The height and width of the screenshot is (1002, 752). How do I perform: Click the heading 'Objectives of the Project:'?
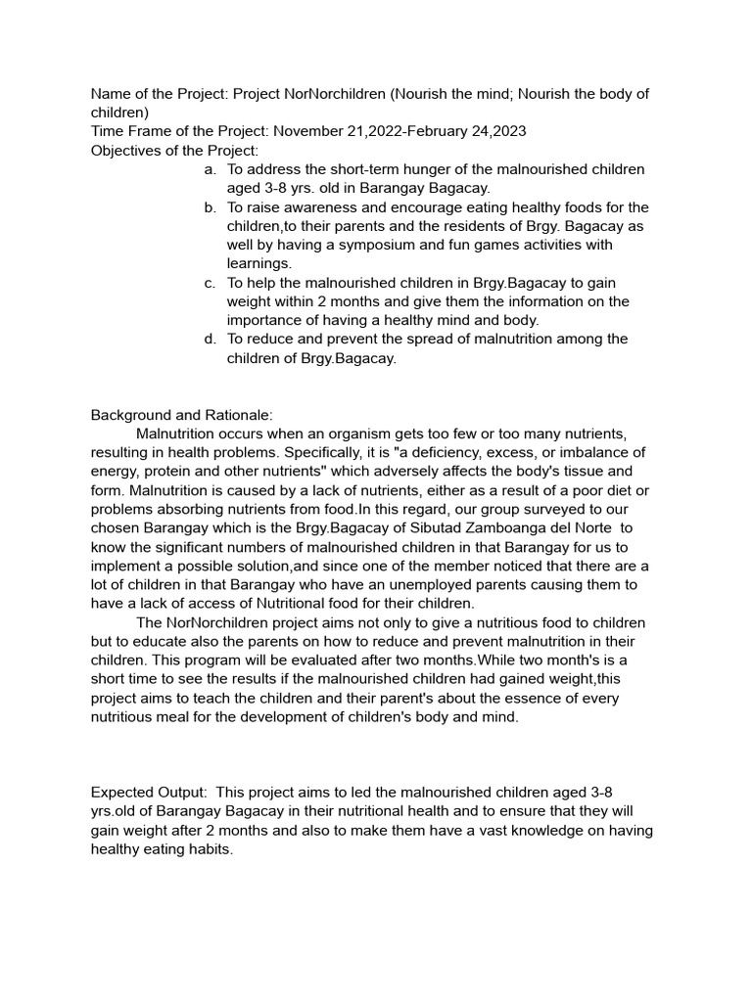(174, 151)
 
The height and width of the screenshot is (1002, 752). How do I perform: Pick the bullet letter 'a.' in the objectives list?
(210, 169)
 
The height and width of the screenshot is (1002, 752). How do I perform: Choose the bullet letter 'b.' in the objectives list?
(210, 207)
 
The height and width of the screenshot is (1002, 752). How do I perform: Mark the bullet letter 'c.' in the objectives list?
(210, 283)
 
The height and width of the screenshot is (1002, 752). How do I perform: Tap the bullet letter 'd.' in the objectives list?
(210, 340)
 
